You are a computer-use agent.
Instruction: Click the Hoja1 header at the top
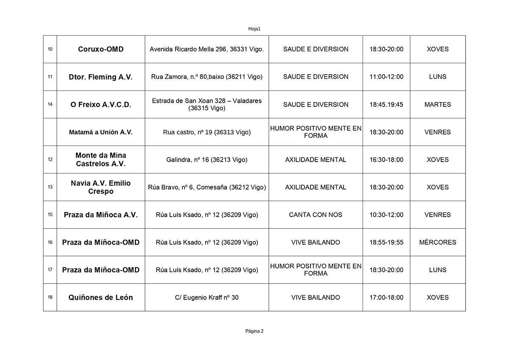tap(254, 29)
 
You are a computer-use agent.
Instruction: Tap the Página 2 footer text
tap(254, 331)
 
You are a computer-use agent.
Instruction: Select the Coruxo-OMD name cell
tap(101, 49)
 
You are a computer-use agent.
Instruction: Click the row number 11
tap(50, 77)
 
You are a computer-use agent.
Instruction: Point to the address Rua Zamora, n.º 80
tap(207, 77)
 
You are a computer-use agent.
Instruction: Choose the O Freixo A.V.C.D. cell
tap(101, 104)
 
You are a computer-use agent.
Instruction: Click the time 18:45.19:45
tap(386, 104)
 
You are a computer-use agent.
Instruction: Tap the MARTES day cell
tap(437, 104)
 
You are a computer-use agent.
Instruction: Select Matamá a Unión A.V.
tap(101, 132)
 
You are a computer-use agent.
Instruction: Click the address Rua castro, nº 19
tap(207, 132)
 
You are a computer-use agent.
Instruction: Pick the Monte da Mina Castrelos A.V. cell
tap(101, 159)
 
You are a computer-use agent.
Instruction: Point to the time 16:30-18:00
tap(386, 159)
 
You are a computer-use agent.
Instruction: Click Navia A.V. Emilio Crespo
tap(101, 187)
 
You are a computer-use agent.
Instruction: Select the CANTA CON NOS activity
tap(316, 215)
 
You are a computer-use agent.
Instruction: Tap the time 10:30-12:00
tap(386, 215)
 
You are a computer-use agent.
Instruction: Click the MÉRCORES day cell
tap(437, 242)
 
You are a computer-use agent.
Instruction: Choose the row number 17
tap(50, 270)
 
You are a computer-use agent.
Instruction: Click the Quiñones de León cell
tap(101, 297)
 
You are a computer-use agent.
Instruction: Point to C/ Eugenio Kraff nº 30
tap(207, 297)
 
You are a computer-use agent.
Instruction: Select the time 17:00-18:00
tap(386, 297)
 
